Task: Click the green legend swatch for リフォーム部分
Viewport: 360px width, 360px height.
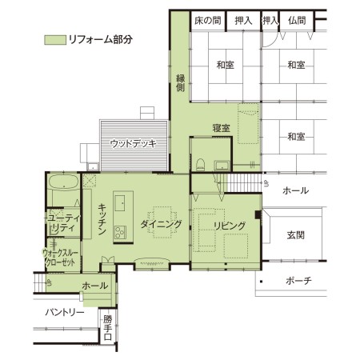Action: tap(55, 40)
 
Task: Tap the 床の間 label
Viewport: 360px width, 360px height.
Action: tap(208, 21)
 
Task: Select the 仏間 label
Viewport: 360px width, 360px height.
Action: tap(297, 21)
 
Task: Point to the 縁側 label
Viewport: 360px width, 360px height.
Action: tap(181, 83)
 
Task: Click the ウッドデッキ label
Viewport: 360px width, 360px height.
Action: tap(134, 143)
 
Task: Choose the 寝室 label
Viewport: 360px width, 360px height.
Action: tap(222, 128)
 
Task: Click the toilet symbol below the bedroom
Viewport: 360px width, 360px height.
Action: tap(200, 165)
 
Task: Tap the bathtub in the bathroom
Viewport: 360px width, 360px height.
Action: tap(64, 182)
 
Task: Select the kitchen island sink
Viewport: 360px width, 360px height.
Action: tap(119, 203)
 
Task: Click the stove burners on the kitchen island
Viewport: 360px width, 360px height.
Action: tap(120, 232)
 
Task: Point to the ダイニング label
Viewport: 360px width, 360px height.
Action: tap(161, 224)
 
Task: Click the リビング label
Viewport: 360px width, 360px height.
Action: tap(230, 226)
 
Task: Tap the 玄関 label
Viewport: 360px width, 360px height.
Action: tap(296, 235)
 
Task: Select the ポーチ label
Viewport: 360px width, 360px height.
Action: tap(298, 280)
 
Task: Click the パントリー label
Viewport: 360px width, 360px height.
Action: tap(65, 312)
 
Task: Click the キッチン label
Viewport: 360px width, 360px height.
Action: tap(102, 219)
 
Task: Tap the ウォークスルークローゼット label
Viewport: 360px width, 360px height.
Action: tap(60, 258)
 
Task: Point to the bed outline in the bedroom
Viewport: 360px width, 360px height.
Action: tap(248, 123)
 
